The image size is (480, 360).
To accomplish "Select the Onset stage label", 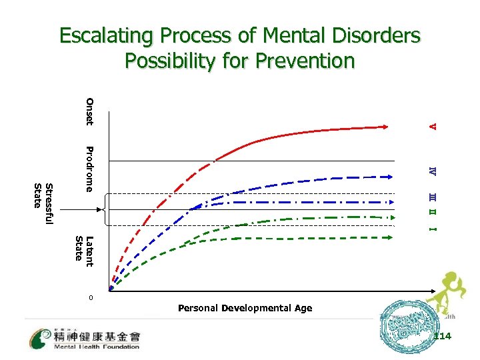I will (x=89, y=111).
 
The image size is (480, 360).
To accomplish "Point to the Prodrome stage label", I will (x=89, y=168).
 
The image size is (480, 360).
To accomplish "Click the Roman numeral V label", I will (x=433, y=126).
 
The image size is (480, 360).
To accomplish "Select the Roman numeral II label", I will (x=433, y=213).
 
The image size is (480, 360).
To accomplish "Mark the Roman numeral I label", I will (x=433, y=229).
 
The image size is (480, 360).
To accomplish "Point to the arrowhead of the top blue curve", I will (x=389, y=177).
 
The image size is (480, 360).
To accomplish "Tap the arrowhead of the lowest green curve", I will (x=389, y=235).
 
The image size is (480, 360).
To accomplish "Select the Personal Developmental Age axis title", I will (x=245, y=308).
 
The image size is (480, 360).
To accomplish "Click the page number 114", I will (x=441, y=336).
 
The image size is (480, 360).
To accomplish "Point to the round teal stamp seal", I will (x=403, y=328).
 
